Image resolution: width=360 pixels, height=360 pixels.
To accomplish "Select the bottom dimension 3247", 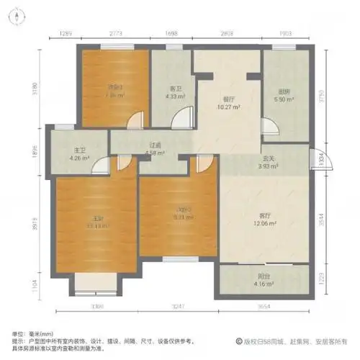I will (179, 307).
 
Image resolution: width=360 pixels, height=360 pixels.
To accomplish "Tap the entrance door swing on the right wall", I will (318, 160).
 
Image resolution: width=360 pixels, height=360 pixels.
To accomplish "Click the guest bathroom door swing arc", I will (186, 117).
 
